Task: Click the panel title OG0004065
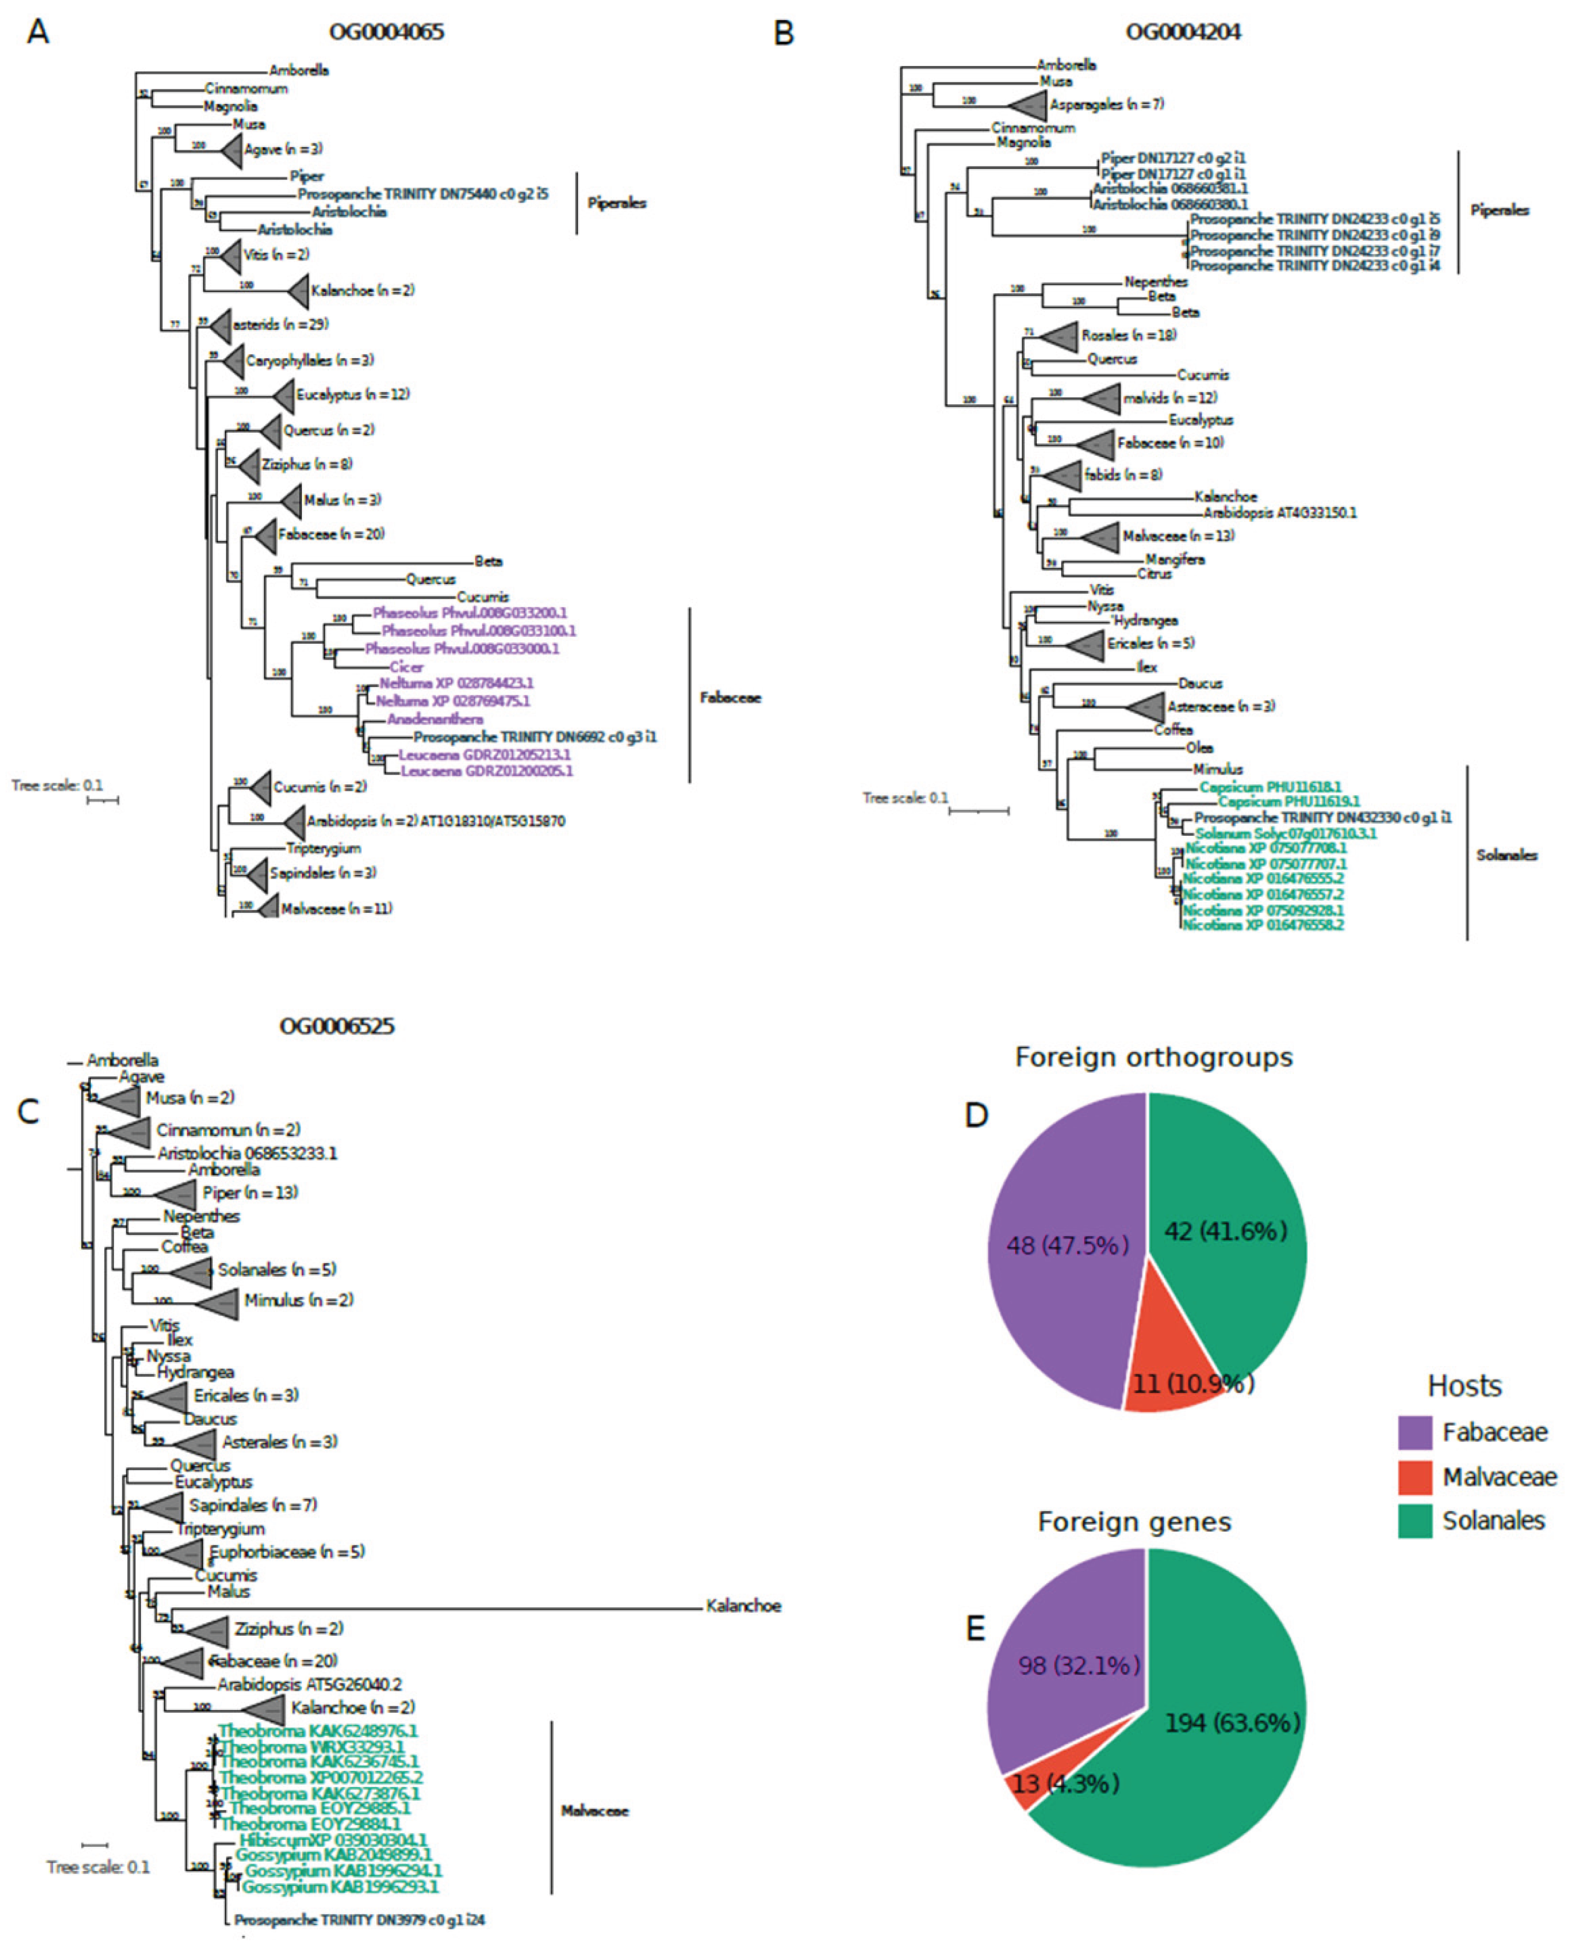click(x=386, y=33)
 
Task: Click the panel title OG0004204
click(x=1183, y=33)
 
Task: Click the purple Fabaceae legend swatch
click(x=1414, y=1432)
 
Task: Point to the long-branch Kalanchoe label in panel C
click(x=743, y=1606)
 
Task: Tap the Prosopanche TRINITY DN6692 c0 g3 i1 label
click(x=535, y=737)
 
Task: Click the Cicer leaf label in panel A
click(x=406, y=667)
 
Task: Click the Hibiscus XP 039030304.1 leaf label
click(x=333, y=1840)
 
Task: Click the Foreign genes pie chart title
click(x=1134, y=1523)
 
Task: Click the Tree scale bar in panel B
click(x=978, y=810)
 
